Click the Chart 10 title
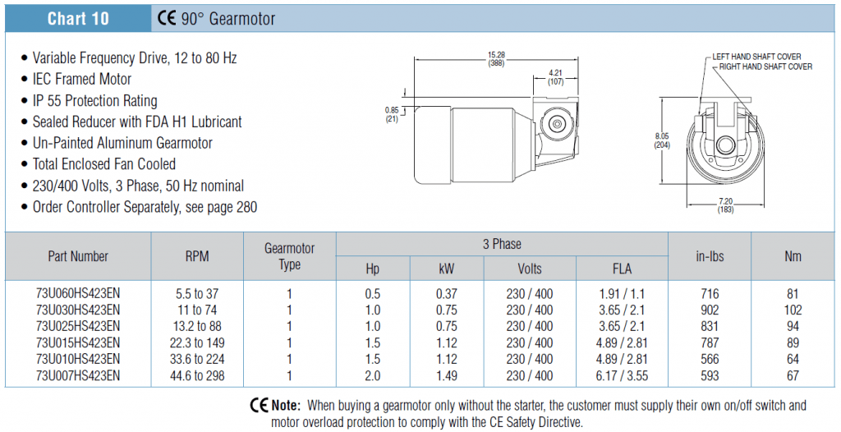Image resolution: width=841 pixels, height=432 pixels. coord(78,19)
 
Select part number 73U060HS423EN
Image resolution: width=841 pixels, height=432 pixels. coord(78,294)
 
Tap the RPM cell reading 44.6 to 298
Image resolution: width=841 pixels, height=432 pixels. coord(197,375)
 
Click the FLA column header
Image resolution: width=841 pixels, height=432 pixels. coord(622,269)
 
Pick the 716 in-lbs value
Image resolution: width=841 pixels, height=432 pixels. coord(709,294)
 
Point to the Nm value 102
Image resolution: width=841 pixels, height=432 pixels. coord(793,310)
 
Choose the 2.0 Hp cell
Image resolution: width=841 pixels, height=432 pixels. coord(372,375)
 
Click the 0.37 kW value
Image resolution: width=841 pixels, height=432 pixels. coord(446,294)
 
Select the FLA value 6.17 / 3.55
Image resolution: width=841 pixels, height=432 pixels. coord(622,375)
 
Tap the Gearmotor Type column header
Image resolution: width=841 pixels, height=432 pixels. coord(290,256)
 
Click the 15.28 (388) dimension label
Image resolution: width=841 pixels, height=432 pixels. coord(496,59)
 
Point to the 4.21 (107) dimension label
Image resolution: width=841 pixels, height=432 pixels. coord(556,78)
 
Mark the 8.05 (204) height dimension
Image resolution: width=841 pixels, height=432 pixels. coord(662,140)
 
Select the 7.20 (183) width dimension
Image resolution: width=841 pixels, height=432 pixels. coord(725,205)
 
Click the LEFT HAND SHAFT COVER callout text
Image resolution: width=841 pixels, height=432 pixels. coord(756,57)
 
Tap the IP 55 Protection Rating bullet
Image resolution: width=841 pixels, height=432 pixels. coord(95,100)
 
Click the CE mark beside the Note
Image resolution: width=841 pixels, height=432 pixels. coord(259,405)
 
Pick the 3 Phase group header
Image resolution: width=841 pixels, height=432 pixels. coord(502,244)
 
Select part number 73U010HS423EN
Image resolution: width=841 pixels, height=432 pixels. coord(78,359)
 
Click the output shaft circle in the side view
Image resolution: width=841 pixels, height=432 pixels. coord(557,124)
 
